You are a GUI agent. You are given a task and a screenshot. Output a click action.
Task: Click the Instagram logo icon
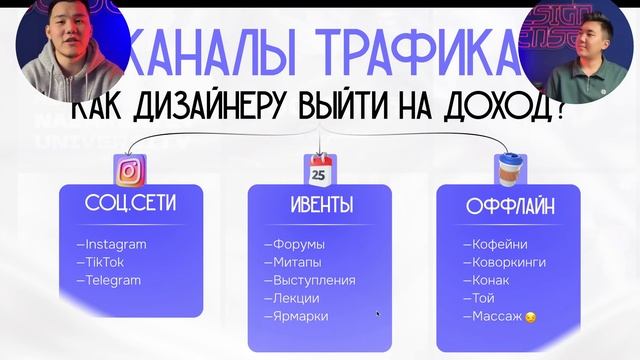(x=129, y=171)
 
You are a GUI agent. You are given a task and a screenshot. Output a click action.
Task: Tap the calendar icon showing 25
(x=319, y=171)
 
